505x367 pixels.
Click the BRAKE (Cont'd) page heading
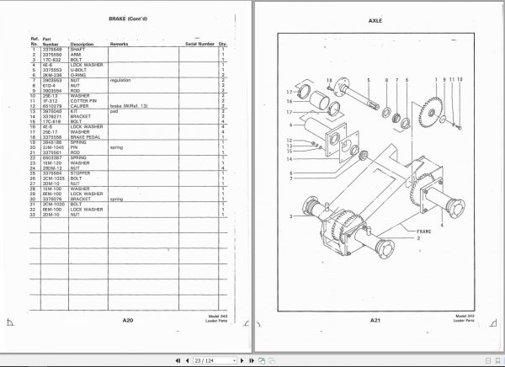click(x=128, y=19)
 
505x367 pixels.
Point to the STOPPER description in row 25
click(x=81, y=173)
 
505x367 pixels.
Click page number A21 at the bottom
click(x=375, y=321)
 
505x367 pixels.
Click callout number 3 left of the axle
click(x=290, y=216)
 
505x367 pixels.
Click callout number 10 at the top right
click(x=460, y=78)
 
